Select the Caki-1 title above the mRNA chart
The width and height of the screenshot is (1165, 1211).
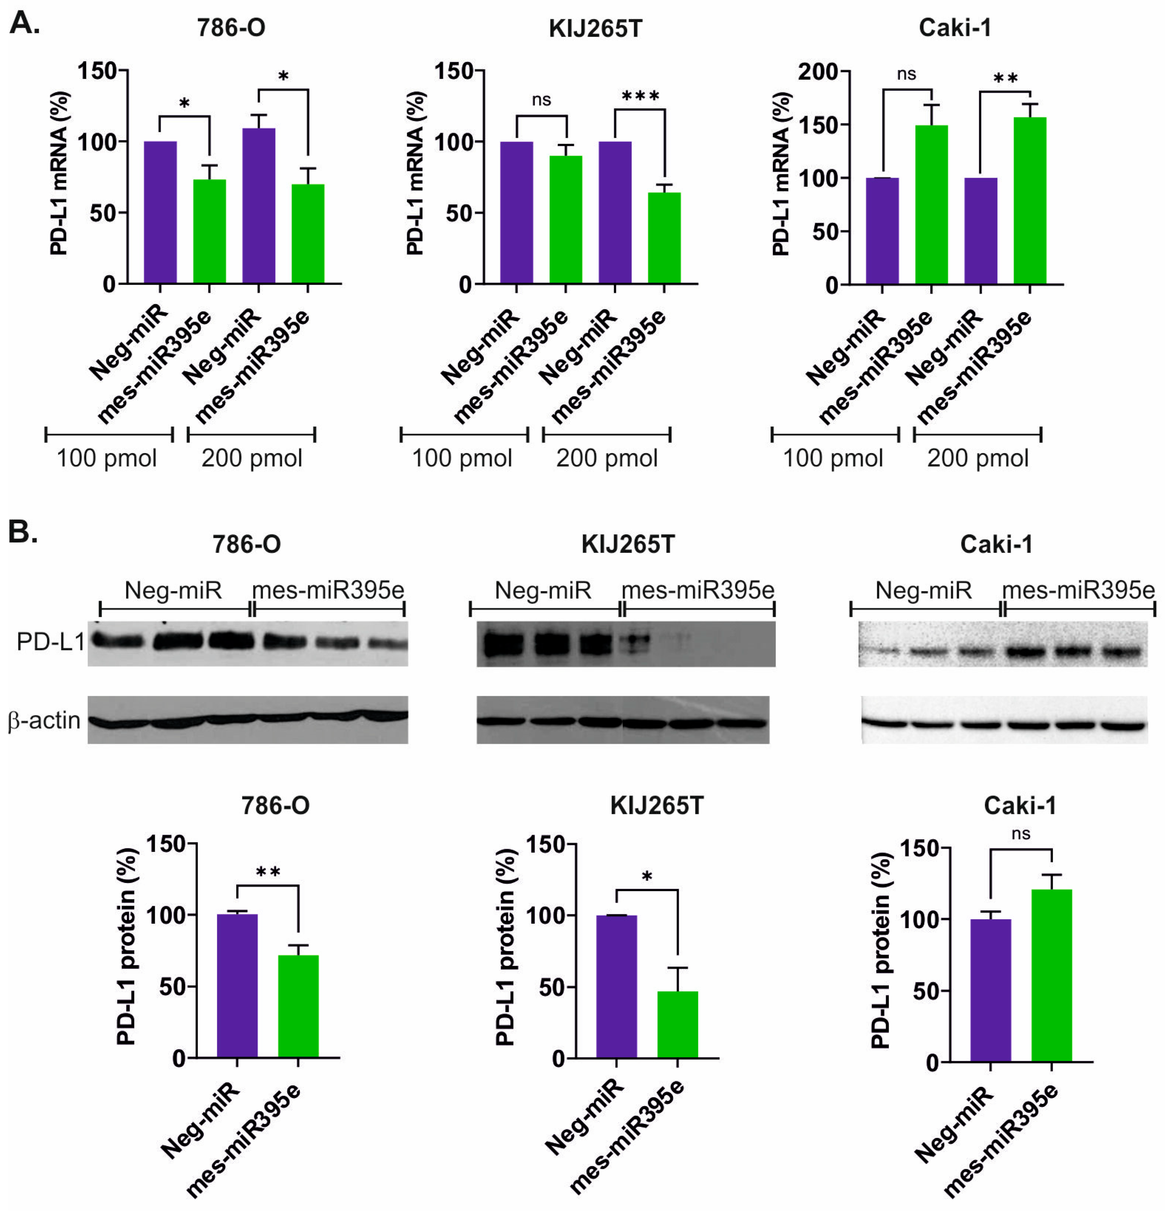[x=954, y=28]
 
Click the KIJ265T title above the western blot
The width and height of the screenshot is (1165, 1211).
[x=628, y=544]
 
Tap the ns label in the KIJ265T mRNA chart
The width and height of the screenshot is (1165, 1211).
[x=541, y=100]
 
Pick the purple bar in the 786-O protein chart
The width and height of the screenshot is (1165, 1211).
[x=237, y=985]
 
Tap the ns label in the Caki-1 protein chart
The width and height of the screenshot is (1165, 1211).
[x=1021, y=834]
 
